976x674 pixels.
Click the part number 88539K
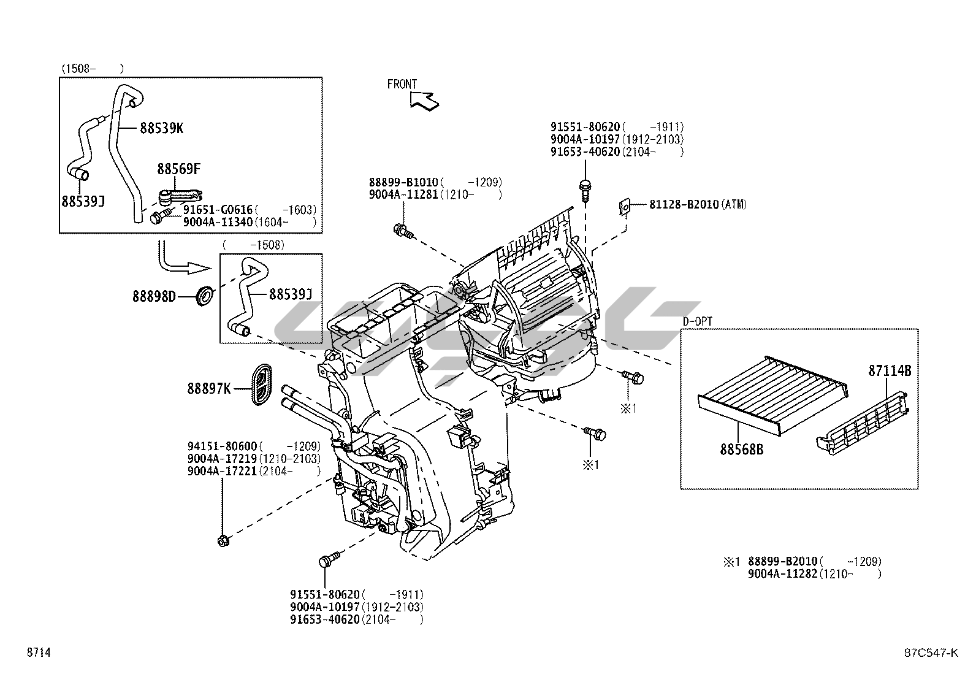tap(162, 128)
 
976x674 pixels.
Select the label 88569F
tap(178, 169)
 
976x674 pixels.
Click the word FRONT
tap(402, 84)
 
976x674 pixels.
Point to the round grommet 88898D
tap(204, 295)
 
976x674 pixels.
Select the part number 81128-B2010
tap(684, 204)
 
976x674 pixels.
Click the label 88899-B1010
tap(403, 182)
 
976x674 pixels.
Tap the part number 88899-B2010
tap(783, 561)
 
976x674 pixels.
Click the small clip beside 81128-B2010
tap(624, 207)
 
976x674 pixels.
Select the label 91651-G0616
tap(218, 210)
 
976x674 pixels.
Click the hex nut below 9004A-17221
tap(223, 540)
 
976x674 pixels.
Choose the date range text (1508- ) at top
tap(92, 68)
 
